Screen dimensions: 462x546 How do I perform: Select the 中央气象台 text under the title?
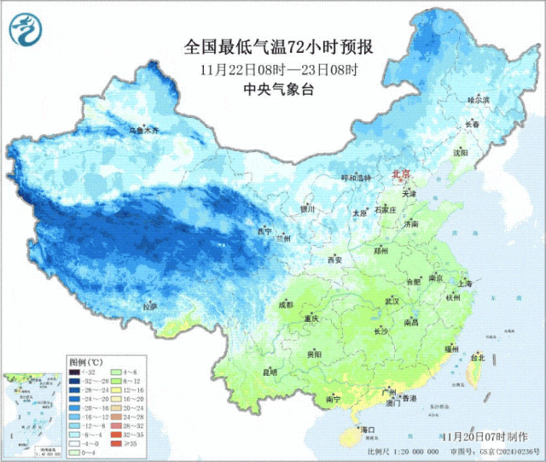(279, 89)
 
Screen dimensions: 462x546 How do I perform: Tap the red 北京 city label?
(401, 174)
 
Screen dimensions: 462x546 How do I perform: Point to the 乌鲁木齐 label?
(143, 130)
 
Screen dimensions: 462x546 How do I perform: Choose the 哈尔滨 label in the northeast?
(479, 100)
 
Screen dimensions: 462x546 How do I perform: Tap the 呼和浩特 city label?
(357, 178)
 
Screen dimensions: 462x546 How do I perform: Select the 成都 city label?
(285, 304)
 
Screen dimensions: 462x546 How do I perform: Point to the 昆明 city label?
(270, 371)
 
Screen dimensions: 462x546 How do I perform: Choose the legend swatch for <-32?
(77, 373)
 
